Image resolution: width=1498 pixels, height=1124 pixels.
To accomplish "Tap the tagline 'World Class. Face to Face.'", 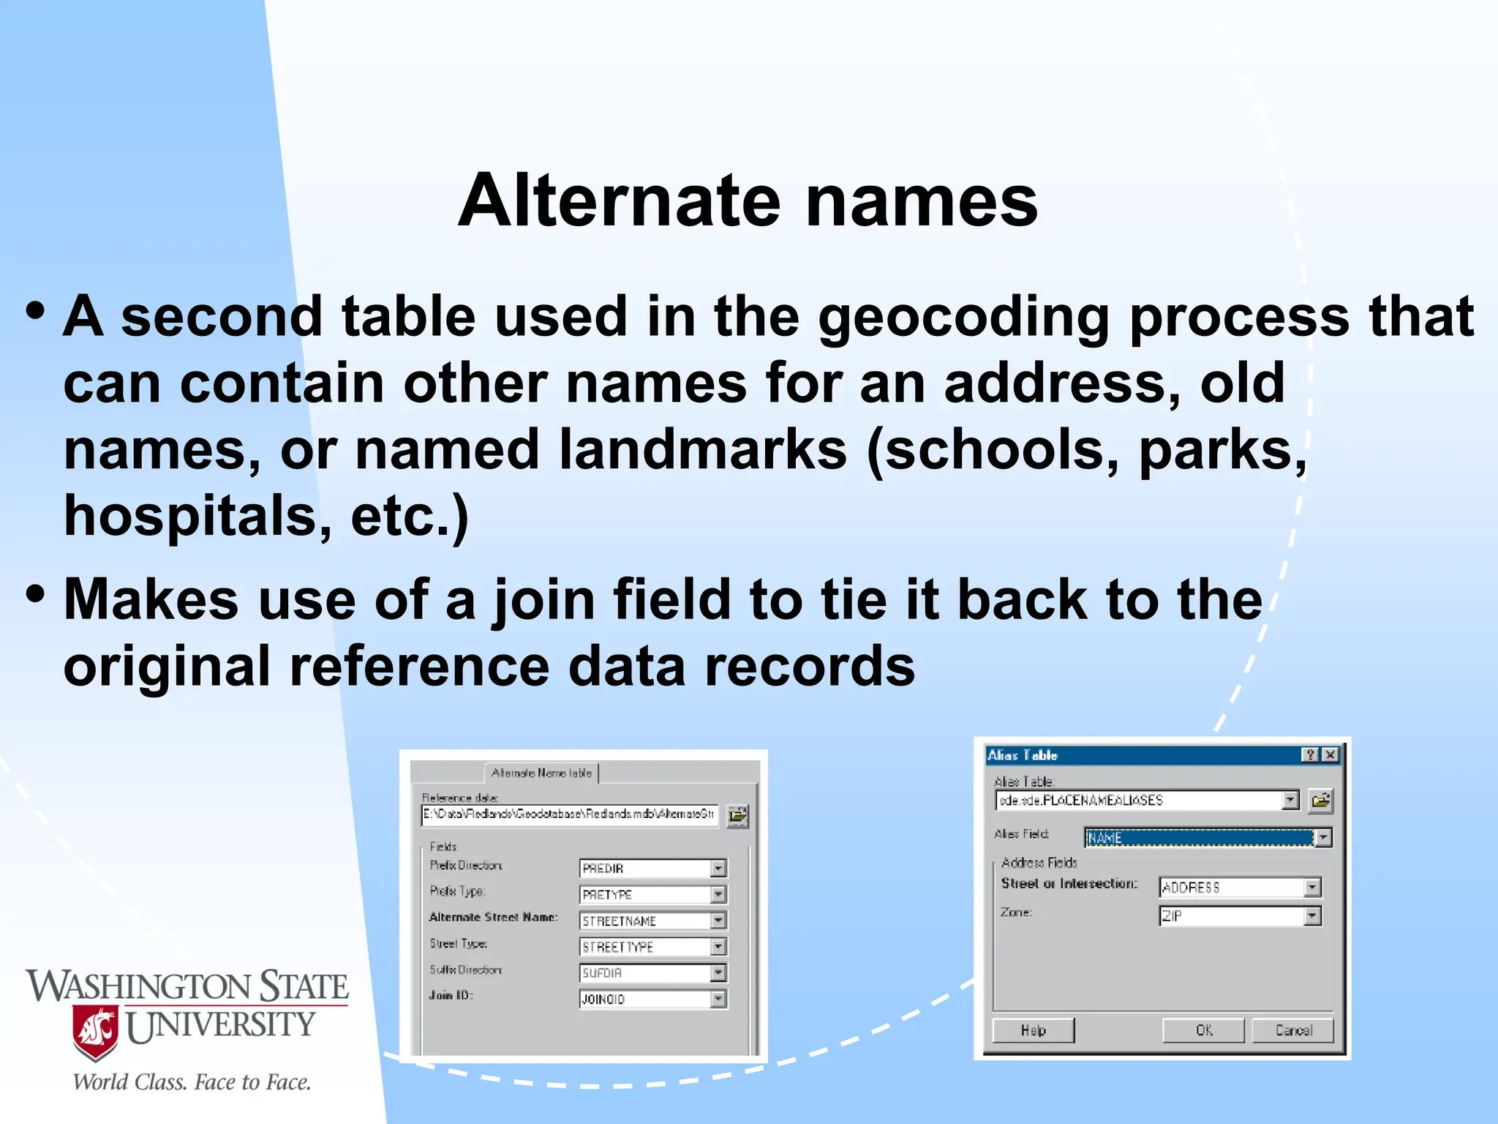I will click(192, 1082).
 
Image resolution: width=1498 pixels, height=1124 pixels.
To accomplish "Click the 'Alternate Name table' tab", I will click(541, 773).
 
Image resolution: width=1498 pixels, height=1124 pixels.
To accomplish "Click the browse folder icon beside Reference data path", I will click(737, 815).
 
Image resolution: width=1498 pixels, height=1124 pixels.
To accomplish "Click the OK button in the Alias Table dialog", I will click(1204, 1030).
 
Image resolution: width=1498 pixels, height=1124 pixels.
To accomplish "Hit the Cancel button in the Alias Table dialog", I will click(1293, 1030).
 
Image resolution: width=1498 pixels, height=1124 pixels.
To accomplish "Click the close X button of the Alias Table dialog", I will click(1330, 754).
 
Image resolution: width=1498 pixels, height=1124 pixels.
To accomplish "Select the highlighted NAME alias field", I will click(1200, 838).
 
